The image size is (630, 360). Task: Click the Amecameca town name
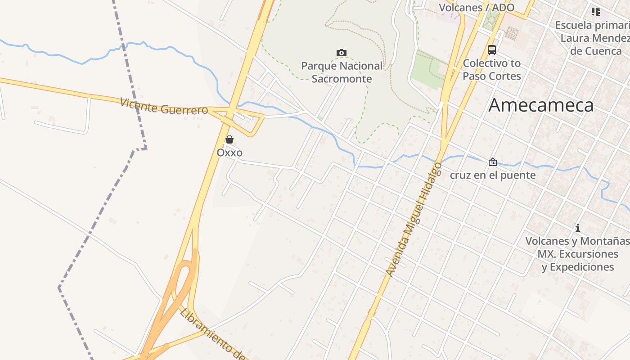[541, 105]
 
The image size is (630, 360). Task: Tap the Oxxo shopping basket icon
[229, 139]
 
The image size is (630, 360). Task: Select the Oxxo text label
[229, 153]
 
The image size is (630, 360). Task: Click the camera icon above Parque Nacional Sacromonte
[342, 53]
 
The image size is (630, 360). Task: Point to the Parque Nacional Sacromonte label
[342, 72]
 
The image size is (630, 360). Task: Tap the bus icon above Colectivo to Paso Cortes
[492, 50]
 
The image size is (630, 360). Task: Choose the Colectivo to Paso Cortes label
[492, 70]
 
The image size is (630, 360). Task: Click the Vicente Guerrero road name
[164, 106]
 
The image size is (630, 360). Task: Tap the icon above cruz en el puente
[493, 162]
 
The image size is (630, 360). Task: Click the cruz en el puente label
[493, 175]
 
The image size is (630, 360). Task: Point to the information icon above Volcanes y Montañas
[578, 228]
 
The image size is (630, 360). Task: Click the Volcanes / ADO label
[477, 8]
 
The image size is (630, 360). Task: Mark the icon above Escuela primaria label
[596, 11]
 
